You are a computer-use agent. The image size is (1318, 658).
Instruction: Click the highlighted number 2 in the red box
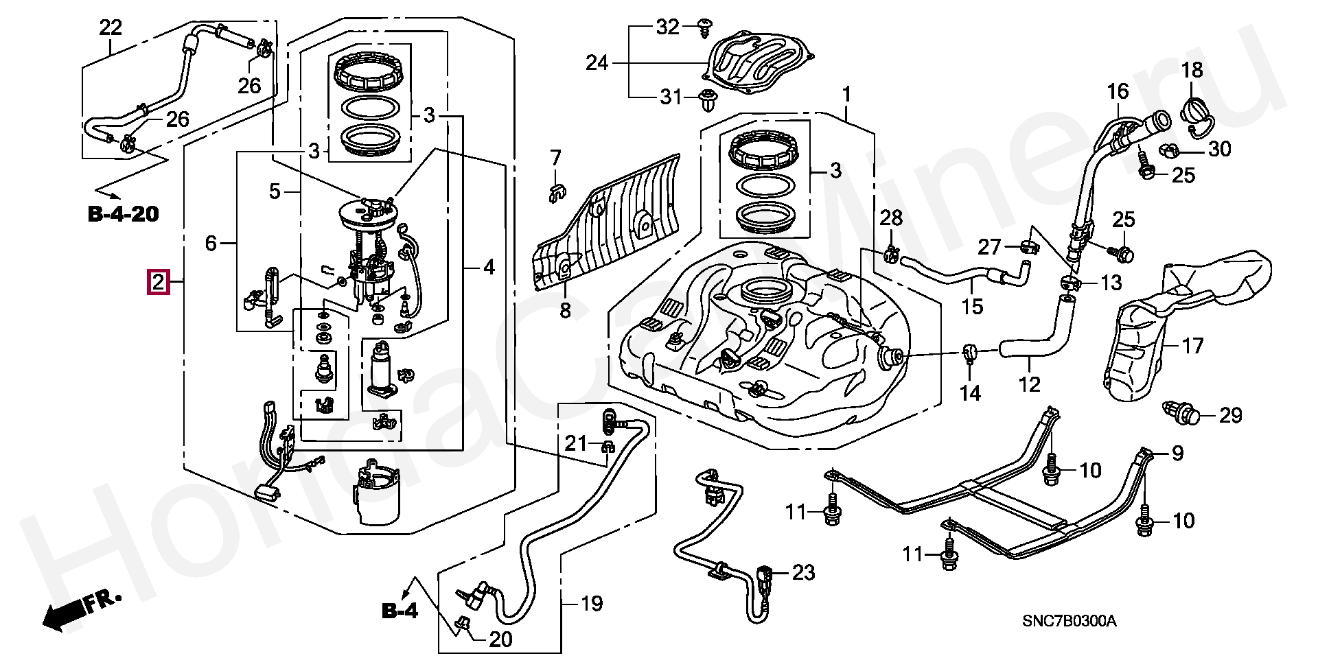tap(159, 281)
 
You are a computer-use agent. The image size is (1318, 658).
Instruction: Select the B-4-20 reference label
tap(123, 214)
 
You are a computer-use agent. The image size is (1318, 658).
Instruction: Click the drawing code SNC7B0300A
tap(1070, 622)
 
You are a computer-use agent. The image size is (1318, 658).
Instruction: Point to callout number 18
tap(1192, 70)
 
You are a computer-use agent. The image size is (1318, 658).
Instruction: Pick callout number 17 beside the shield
tap(1193, 345)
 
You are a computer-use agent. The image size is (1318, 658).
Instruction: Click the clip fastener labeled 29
tap(1181, 414)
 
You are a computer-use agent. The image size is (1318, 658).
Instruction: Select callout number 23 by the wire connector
tap(803, 571)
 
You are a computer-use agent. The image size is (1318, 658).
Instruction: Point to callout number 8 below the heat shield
tap(564, 311)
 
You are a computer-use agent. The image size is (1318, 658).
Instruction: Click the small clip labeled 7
tap(555, 193)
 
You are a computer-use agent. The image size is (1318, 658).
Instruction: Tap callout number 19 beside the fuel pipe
tap(591, 604)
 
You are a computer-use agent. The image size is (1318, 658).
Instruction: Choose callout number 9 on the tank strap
tap(1177, 453)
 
